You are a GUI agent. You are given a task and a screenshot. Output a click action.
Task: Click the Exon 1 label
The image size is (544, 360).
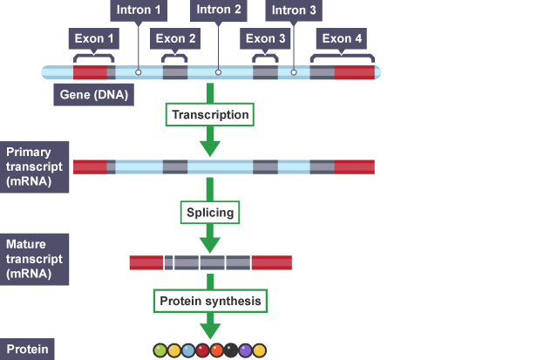click(92, 38)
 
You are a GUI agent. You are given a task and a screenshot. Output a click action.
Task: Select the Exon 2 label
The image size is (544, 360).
click(176, 38)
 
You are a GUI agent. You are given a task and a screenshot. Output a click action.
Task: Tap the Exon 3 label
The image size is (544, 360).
click(266, 38)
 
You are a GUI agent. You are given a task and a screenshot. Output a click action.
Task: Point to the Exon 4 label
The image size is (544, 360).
click(342, 38)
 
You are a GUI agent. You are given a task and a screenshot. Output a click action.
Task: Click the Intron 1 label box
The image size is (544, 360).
click(139, 10)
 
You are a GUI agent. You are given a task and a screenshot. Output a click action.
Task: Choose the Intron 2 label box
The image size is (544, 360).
click(219, 10)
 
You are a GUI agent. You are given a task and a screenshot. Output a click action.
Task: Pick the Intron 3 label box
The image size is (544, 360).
click(295, 10)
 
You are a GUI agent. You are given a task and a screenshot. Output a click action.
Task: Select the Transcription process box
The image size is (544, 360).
click(210, 115)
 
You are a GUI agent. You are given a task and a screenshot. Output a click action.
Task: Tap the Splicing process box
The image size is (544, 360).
click(210, 213)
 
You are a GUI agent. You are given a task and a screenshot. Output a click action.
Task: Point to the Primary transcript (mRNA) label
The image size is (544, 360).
click(33, 166)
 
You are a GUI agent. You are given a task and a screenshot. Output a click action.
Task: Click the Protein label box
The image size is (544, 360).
click(26, 349)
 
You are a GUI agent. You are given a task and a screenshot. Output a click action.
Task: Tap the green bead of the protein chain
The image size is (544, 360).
click(160, 350)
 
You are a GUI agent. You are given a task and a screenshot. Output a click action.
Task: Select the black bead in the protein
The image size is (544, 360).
click(231, 350)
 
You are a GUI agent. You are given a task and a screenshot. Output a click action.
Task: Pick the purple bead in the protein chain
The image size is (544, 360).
click(246, 350)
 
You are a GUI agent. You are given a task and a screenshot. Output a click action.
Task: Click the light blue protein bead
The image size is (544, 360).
click(188, 350)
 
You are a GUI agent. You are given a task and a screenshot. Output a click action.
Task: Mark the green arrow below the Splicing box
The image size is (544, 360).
click(210, 238)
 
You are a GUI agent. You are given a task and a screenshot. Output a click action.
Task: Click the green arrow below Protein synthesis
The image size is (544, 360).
click(210, 327)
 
